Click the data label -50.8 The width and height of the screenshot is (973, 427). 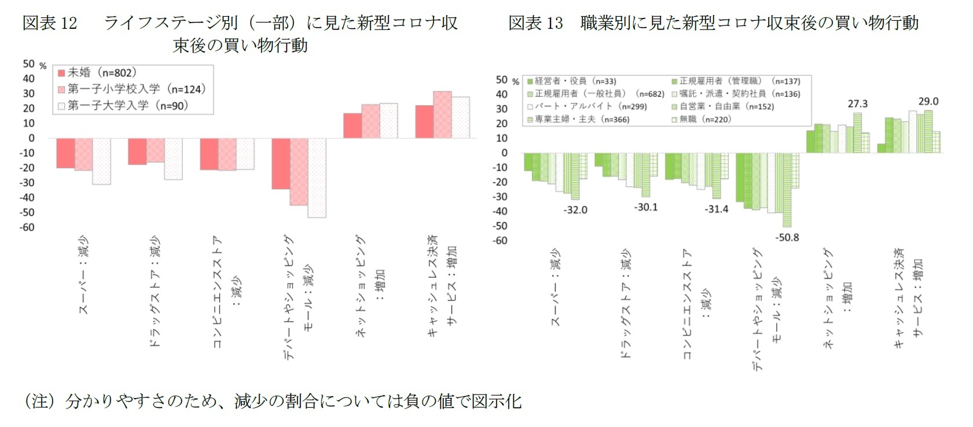click(787, 238)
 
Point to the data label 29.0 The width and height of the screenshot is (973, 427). click(928, 101)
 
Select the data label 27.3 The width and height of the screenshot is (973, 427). click(857, 104)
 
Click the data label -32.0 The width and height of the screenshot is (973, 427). click(575, 210)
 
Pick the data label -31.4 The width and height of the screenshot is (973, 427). click(716, 209)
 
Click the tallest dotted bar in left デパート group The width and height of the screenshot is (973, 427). click(317, 178)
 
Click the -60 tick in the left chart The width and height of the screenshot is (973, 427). click(28, 227)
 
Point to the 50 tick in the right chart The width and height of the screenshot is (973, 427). click(501, 80)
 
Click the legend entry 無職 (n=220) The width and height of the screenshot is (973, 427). click(702, 119)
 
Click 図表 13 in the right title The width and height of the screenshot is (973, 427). click(535, 23)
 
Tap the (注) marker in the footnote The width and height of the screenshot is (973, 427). click(40, 401)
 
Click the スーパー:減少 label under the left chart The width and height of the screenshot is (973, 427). click(85, 275)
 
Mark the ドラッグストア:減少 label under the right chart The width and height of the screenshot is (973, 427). click(626, 304)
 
